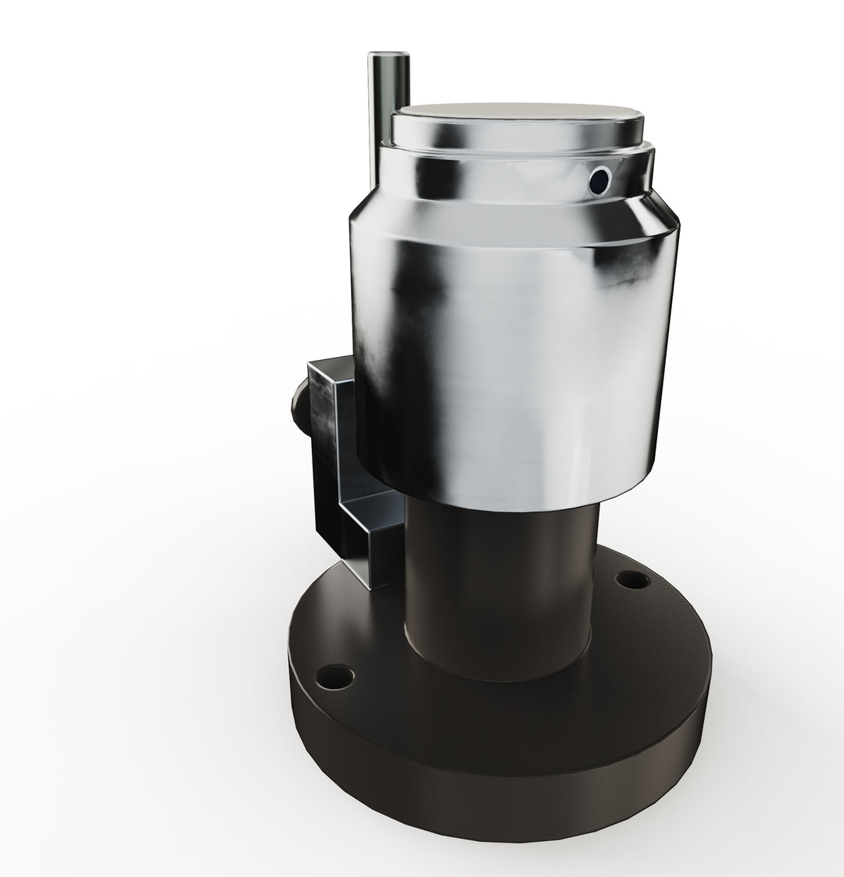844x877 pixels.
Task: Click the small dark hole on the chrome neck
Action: point(599,181)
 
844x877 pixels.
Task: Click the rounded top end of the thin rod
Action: point(388,56)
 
